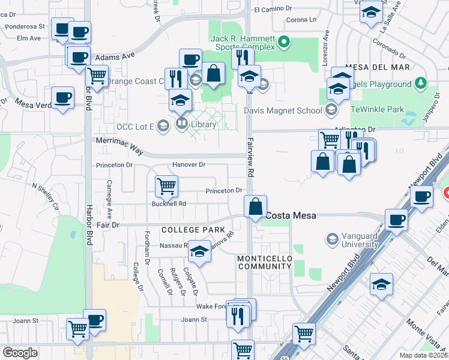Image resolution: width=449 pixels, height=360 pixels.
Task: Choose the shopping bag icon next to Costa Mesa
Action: point(256,206)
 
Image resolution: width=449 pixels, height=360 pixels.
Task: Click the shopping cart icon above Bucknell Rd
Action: point(166,185)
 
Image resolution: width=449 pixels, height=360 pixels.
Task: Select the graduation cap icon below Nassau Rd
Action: point(199,253)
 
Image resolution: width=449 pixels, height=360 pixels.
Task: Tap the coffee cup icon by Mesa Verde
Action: point(62,98)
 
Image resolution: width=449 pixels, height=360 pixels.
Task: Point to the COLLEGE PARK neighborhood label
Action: point(192,230)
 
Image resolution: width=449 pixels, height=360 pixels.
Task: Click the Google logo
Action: point(19,352)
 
